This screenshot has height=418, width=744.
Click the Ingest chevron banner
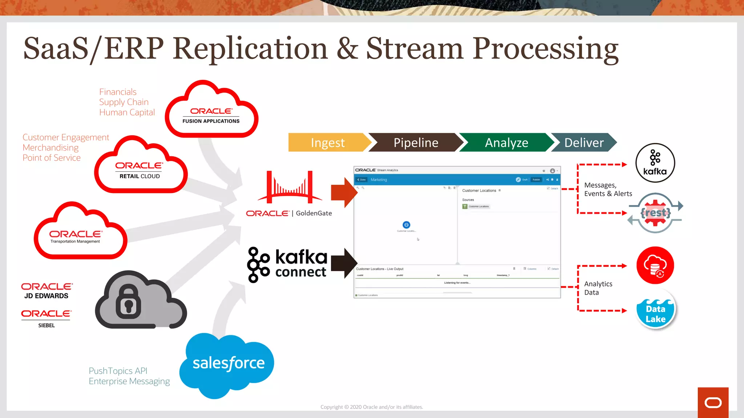tap(327, 143)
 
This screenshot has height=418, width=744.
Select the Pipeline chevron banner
tap(416, 143)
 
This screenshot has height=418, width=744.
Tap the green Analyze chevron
tap(506, 143)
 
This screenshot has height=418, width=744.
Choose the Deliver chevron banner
tap(583, 143)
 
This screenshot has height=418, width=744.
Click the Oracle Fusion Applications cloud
tap(211, 112)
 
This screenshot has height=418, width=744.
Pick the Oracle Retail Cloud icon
tap(140, 169)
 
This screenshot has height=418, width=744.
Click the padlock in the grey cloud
tap(128, 302)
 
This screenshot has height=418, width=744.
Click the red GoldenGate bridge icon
tap(290, 187)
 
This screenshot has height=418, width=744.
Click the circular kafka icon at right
tap(655, 163)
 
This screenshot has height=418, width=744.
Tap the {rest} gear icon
tap(655, 213)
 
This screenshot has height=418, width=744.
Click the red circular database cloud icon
tap(655, 265)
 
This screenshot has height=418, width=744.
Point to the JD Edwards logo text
tap(46, 291)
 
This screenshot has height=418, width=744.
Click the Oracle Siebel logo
tap(46, 318)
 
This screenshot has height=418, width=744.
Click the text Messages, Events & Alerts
tap(607, 189)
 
